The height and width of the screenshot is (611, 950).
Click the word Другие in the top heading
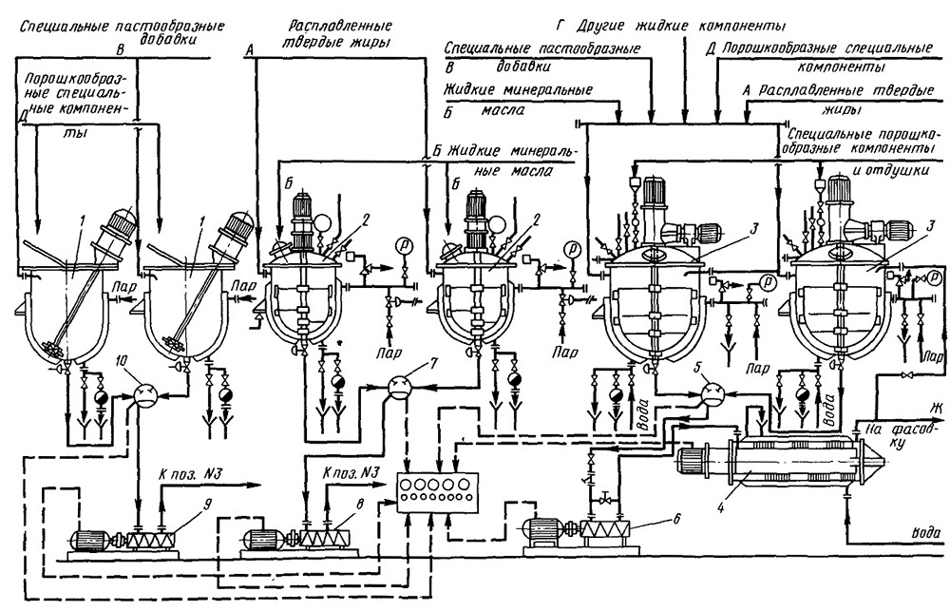pos(602,26)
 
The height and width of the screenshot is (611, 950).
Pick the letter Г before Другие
pos(561,27)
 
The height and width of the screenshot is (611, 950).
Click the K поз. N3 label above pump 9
pos(190,473)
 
